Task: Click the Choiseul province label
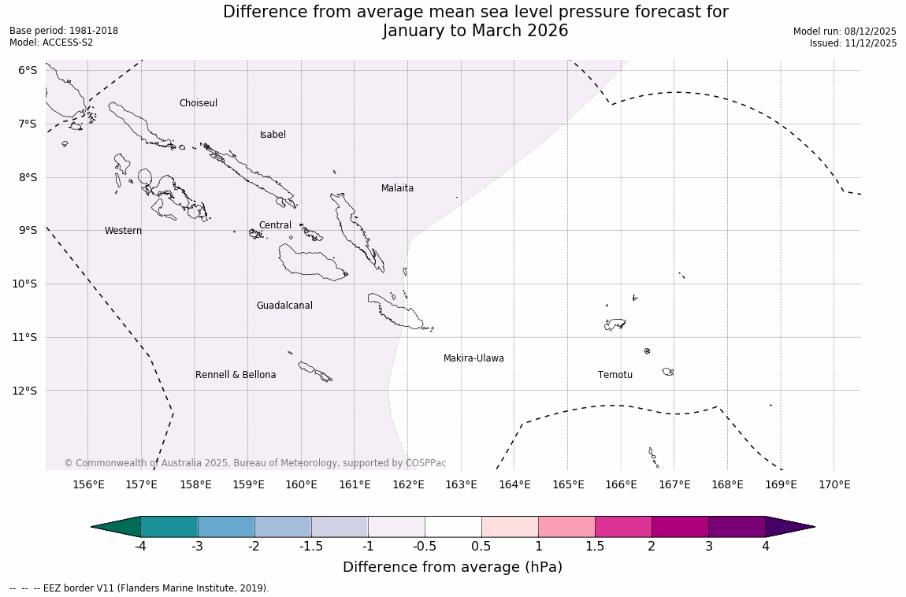198,103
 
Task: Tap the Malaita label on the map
397,188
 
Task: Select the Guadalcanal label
284,306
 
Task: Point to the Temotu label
615,375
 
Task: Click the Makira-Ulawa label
473,358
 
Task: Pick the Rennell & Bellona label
236,375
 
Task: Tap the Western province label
123,231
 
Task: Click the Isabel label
273,135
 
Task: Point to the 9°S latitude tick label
28,230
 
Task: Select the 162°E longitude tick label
408,484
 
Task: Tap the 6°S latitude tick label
28,70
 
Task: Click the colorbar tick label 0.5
481,546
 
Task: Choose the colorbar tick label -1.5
311,546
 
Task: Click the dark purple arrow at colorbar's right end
789,527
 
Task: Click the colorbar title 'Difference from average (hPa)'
452,567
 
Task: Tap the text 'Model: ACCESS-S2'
51,43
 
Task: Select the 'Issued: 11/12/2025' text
852,43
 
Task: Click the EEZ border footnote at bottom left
139,588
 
